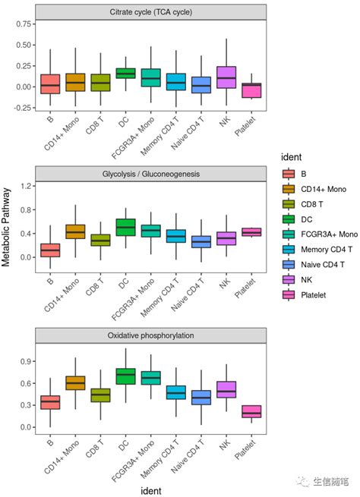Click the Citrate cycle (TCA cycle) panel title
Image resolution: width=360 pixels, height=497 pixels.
[150, 12]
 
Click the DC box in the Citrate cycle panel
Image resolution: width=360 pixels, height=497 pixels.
[125, 73]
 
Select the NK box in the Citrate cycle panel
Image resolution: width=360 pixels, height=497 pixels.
[226, 77]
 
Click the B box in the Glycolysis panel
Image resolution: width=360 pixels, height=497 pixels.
[50, 250]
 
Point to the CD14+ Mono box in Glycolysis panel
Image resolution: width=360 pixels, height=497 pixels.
[75, 231]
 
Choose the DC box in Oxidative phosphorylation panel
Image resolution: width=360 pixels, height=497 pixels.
[125, 376]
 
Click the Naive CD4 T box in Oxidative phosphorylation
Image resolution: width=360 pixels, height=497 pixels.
[201, 398]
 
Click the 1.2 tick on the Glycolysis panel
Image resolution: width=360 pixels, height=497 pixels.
[25, 186]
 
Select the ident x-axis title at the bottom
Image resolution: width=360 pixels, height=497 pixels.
[150, 489]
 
